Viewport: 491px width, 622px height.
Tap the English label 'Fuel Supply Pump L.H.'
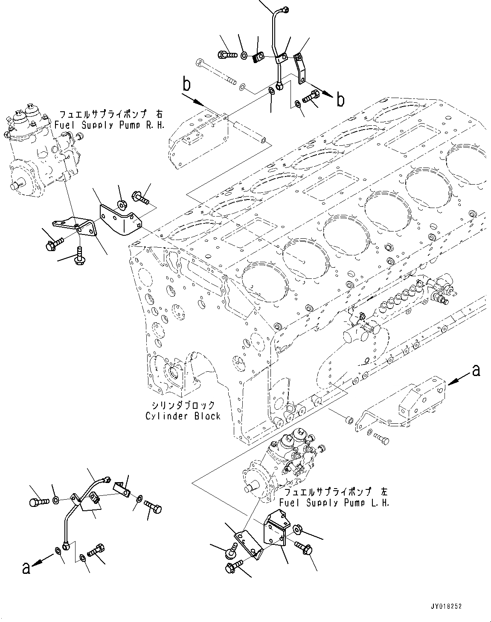334,503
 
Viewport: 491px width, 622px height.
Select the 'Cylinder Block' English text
183,416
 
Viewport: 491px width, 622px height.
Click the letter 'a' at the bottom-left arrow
26,568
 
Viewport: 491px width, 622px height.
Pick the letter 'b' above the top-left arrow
186,84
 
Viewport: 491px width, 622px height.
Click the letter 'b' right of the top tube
340,100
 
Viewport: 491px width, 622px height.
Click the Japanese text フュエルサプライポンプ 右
110,115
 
